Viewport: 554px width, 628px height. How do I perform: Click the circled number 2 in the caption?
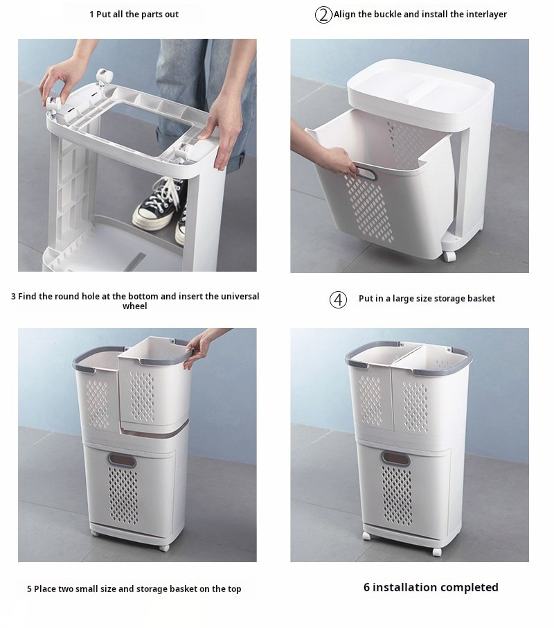(323, 15)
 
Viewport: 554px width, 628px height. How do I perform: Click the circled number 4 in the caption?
(338, 299)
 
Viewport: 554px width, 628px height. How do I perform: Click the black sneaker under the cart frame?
(159, 204)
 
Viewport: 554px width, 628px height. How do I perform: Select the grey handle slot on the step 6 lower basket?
(395, 457)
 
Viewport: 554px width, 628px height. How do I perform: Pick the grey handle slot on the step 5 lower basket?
(122, 460)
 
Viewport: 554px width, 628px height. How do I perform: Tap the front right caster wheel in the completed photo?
(437, 552)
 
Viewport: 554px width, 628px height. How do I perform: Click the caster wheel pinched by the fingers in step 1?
(53, 104)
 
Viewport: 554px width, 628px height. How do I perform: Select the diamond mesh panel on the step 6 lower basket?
(397, 496)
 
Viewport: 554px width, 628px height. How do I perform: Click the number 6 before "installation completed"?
(366, 587)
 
